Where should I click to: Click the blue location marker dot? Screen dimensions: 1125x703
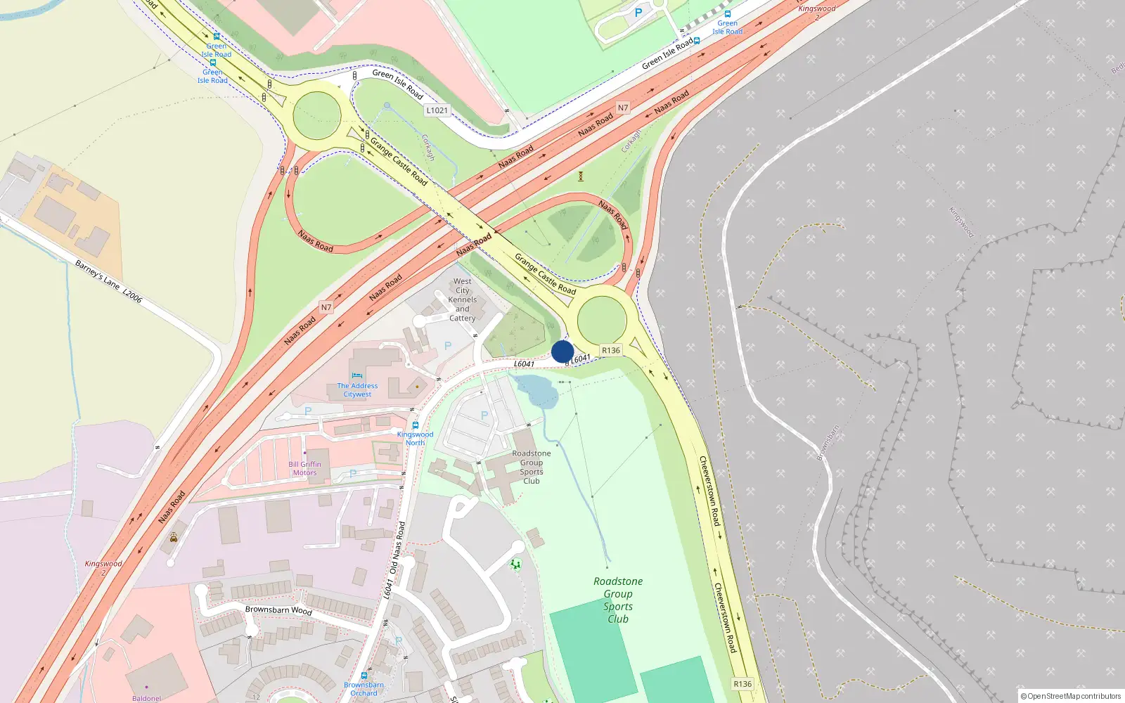point(562,351)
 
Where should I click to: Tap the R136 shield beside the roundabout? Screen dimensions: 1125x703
point(611,350)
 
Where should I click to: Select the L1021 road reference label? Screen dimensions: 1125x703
point(437,110)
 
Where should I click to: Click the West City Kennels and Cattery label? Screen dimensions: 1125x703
point(462,299)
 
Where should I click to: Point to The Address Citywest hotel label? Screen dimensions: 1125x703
point(357,390)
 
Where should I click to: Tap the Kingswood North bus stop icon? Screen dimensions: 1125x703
point(416,425)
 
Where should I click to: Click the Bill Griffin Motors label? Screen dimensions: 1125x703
point(304,468)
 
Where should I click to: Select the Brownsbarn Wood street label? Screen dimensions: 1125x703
point(278,610)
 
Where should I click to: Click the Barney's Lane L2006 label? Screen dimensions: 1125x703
point(108,282)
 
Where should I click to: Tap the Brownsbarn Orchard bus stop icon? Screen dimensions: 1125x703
point(364,676)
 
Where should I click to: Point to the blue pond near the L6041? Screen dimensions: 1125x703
point(537,390)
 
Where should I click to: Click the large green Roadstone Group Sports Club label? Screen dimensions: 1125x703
point(617,600)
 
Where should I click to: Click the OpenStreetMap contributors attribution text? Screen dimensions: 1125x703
point(1070,696)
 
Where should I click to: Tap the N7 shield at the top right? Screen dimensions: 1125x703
point(623,108)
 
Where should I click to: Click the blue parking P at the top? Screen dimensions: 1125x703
point(638,13)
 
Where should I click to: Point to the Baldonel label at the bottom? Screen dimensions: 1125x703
point(146,698)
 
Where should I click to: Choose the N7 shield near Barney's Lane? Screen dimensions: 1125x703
point(326,307)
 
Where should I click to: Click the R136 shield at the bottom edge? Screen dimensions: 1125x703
point(742,683)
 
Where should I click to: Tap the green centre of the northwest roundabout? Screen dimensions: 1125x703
point(317,116)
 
